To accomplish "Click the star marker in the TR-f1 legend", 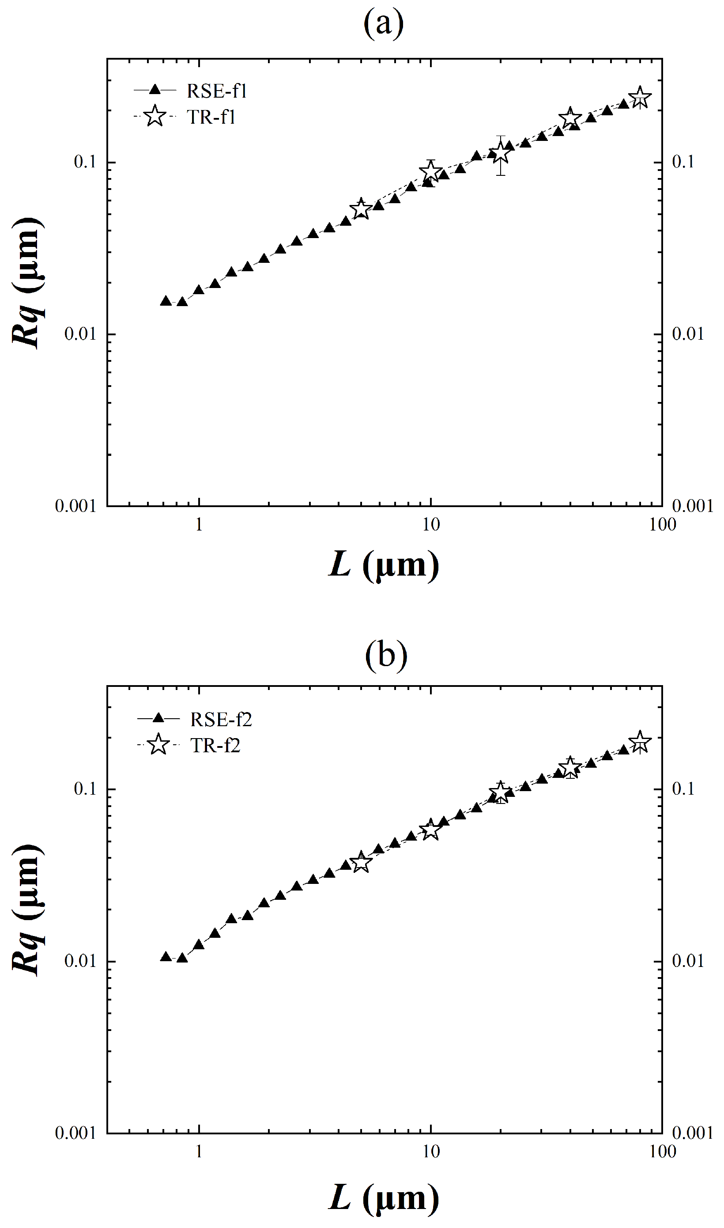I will coord(155,117).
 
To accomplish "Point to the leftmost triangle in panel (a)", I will coord(166,301).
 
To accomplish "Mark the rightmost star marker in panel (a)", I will coord(640,98).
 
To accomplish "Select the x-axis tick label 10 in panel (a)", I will coord(430,525).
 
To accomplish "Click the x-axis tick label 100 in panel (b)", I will coord(663,1152).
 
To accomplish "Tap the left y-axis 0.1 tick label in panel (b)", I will coord(85,789).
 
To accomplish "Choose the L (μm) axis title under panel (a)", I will coord(384,566).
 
